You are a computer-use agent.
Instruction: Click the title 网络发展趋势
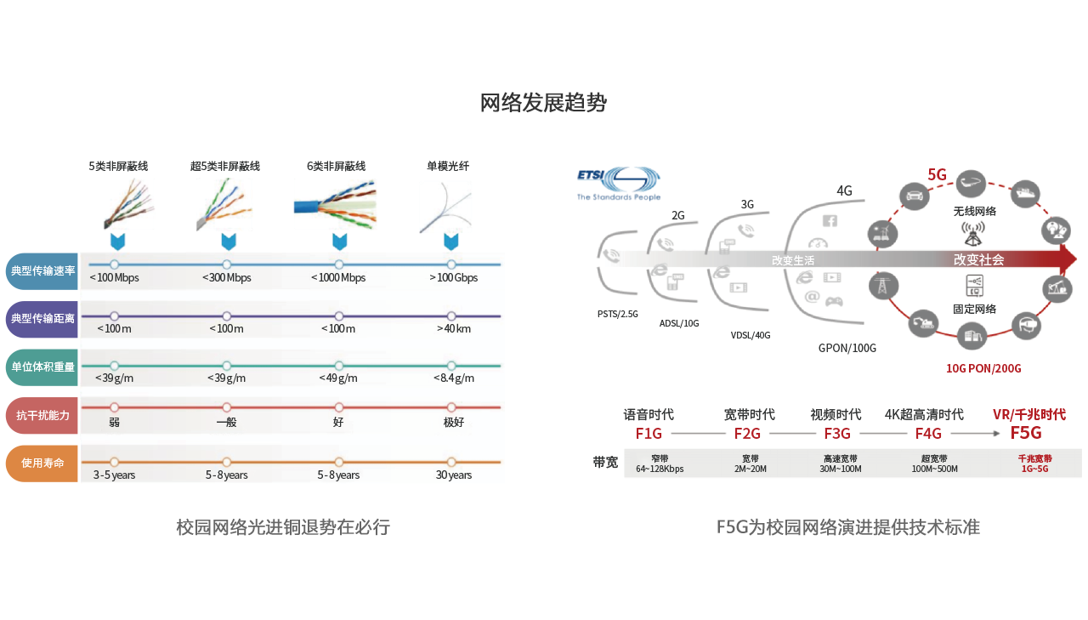[543, 104]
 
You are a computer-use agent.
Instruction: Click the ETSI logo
[618, 183]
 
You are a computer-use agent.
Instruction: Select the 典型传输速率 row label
[42, 271]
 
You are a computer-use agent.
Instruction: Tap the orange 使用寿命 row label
[42, 464]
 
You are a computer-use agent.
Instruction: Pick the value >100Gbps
[453, 278]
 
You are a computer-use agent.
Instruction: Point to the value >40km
[453, 329]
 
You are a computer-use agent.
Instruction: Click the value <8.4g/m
[453, 378]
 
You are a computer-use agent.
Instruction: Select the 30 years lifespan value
[453, 475]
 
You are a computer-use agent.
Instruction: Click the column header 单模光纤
[448, 167]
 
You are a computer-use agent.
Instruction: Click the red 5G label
[937, 175]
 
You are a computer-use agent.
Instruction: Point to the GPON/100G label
[847, 348]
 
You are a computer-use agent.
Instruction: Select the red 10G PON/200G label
[983, 369]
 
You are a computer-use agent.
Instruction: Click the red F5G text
[1026, 434]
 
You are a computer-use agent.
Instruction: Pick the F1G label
[649, 434]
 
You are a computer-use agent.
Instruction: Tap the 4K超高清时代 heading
[924, 415]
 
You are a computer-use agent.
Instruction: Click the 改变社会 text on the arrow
[978, 260]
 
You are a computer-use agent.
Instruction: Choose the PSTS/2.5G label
[617, 314]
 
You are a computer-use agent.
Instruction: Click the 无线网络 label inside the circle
[975, 211]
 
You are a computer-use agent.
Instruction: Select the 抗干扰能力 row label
[42, 416]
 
